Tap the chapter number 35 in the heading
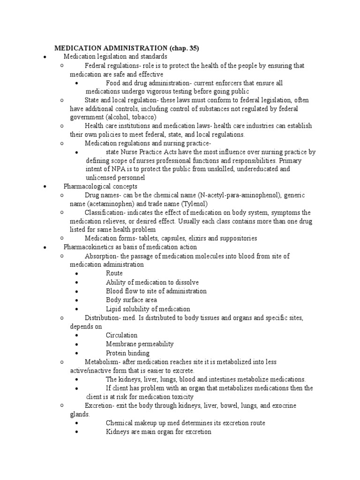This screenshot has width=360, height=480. point(194,48)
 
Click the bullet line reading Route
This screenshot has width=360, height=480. point(114,273)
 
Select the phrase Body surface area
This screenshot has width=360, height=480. point(131,300)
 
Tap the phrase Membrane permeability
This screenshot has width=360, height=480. point(140,344)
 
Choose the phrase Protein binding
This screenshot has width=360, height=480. point(127,353)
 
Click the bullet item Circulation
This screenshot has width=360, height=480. point(121,335)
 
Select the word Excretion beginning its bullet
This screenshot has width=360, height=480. point(99,405)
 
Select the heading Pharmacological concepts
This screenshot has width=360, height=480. point(100,186)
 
